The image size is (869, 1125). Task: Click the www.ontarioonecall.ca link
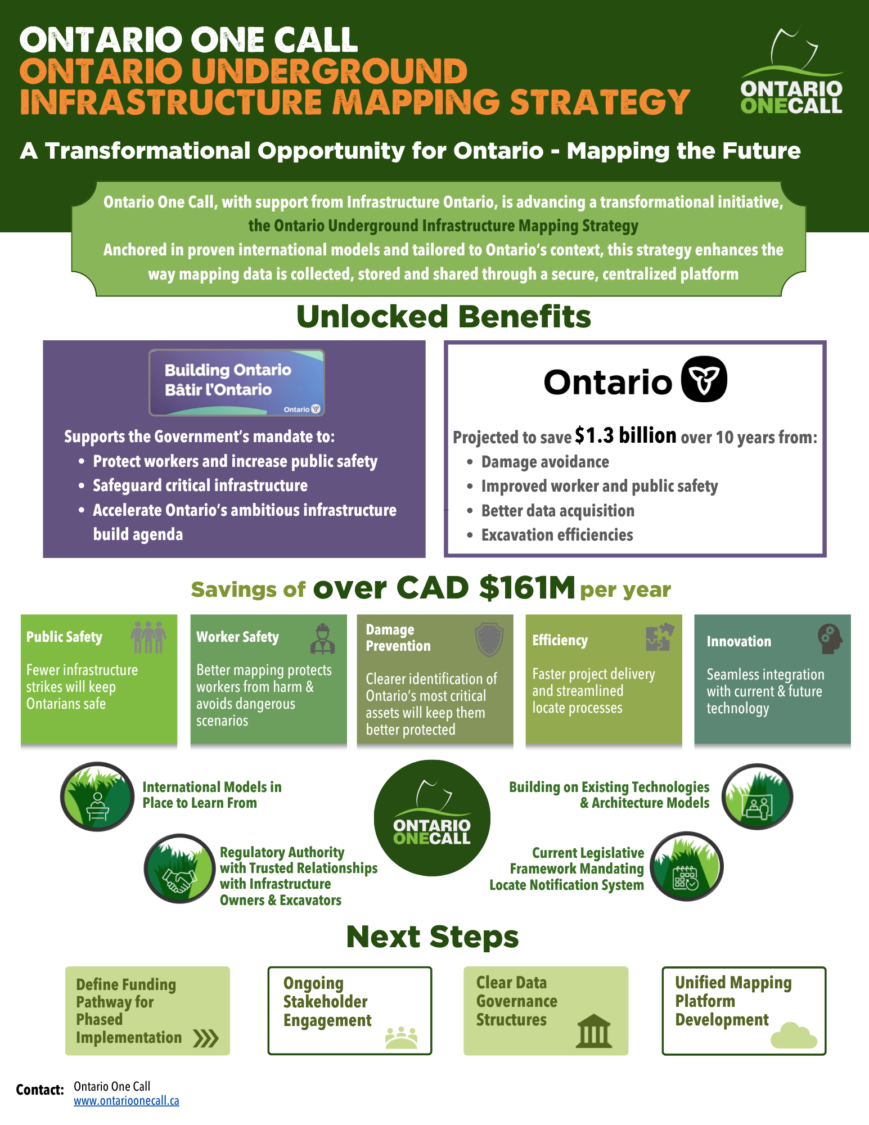[x=127, y=1101]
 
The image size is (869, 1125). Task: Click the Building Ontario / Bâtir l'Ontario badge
[x=237, y=382]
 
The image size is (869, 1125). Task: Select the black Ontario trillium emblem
[x=704, y=379]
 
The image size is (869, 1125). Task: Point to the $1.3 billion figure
[x=625, y=435]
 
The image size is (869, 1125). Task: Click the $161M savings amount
[x=527, y=588]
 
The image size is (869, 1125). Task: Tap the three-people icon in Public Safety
[x=148, y=637]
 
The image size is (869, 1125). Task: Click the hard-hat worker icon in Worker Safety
[x=323, y=639]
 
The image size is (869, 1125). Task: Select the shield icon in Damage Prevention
[x=489, y=640]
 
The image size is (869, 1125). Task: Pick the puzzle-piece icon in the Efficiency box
[x=660, y=637]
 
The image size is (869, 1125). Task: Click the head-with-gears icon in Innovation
[x=830, y=639]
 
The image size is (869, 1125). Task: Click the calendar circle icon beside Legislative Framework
[x=687, y=866]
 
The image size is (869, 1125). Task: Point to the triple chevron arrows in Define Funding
[x=206, y=1038]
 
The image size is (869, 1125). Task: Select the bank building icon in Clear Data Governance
[x=594, y=1032]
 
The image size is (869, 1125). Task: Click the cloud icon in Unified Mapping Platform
[x=794, y=1036]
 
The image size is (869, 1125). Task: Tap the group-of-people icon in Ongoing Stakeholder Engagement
[x=402, y=1038]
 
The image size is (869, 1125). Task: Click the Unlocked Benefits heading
[x=444, y=317]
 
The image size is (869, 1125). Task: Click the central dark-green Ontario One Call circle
[x=432, y=818]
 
